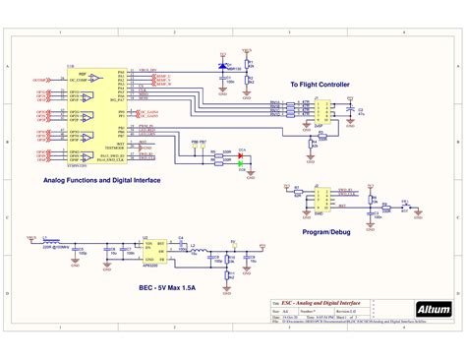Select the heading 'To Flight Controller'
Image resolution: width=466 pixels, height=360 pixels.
[320, 86]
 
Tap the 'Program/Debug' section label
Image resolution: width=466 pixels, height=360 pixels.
[326, 232]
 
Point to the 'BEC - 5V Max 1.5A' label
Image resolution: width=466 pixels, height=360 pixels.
[160, 288]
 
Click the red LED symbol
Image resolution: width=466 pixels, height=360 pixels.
[241, 155]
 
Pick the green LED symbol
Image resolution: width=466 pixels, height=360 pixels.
[241, 163]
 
